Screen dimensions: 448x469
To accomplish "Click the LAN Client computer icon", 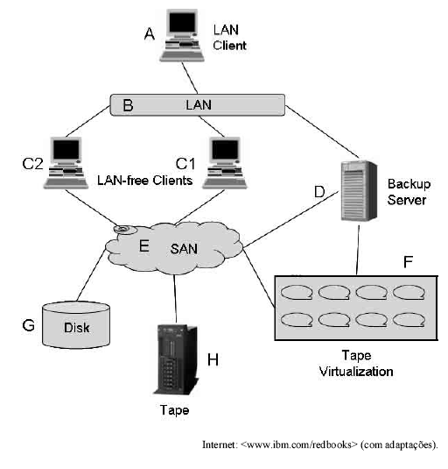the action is (182, 36).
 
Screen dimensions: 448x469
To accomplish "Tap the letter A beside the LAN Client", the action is (150, 34).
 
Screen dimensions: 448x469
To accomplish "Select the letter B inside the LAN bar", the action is (128, 105).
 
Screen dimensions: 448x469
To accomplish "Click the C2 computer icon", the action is (66, 163).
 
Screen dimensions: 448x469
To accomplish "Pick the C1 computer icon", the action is (225, 163).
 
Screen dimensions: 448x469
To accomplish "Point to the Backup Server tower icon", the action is (359, 191).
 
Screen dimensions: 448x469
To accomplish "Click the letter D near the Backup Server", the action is (319, 192).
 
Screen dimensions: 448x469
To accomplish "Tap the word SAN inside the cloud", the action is (184, 249).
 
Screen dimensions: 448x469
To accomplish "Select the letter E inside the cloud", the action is (144, 245).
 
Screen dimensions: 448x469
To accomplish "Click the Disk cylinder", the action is (76, 325).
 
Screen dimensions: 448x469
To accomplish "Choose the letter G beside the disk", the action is (29, 325).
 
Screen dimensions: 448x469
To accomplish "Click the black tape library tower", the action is (176, 359).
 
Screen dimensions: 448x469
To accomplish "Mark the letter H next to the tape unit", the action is (213, 359).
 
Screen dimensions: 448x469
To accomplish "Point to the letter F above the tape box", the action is (408, 262).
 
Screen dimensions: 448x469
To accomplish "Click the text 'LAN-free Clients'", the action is (144, 181).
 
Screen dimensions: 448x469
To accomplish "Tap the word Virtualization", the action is (356, 372).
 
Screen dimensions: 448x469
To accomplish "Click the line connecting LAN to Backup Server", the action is (322, 131).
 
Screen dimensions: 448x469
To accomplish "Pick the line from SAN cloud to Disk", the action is (92, 274).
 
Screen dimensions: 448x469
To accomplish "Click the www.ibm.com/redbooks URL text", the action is (298, 444).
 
